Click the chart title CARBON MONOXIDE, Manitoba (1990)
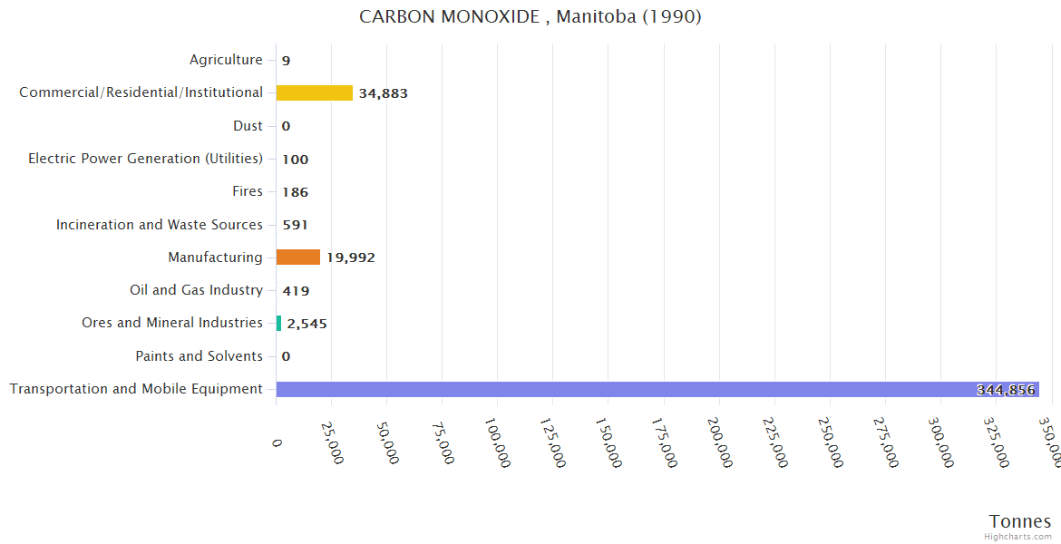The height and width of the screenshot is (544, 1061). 530,17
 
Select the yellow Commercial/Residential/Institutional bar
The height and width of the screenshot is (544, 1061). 314,92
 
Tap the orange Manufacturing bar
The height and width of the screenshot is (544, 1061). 297,257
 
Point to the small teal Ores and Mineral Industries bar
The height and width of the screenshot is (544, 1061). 278,323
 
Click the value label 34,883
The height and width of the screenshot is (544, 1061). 383,93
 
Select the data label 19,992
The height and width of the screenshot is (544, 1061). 351,257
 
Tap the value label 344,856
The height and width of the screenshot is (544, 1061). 1006,390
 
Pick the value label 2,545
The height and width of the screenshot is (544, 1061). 307,324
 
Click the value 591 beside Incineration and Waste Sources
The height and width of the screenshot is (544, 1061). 295,225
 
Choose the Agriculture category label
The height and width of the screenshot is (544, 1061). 226,60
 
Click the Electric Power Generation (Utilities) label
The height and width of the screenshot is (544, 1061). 145,159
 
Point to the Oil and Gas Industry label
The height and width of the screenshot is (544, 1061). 196,290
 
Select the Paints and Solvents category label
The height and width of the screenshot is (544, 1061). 199,356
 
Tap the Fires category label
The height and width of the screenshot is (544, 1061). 247,191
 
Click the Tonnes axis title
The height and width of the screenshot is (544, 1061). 1020,520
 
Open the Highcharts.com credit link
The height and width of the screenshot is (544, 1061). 1018,536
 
